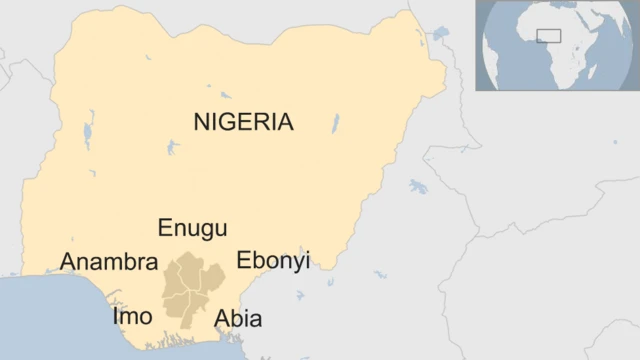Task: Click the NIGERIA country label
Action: tap(244, 122)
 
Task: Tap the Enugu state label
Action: tap(193, 228)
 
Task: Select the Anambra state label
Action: tap(109, 262)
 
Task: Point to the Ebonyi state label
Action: tap(273, 260)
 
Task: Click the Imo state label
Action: tap(132, 317)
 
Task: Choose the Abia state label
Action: tap(238, 319)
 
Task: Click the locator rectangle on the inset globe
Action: tap(548, 36)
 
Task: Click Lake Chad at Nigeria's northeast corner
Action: tap(439, 35)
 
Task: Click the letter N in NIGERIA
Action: tap(203, 122)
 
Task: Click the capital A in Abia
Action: tap(223, 319)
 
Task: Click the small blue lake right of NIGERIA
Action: tap(335, 123)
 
